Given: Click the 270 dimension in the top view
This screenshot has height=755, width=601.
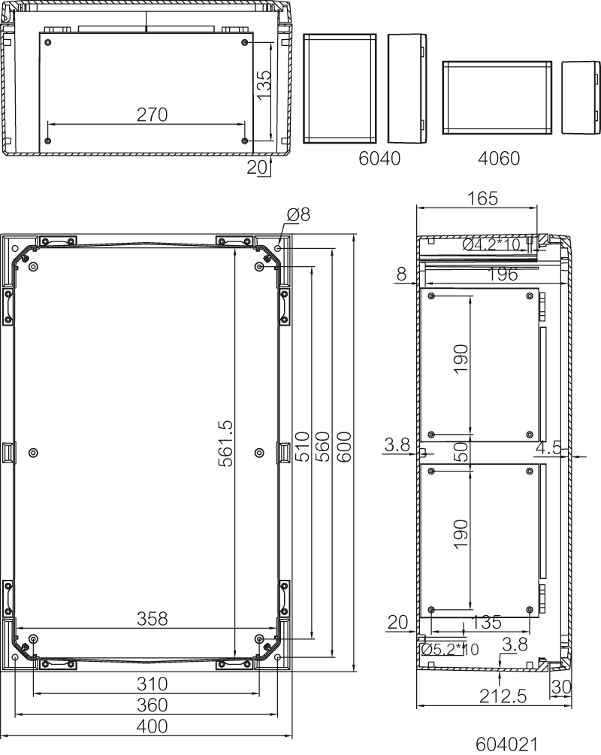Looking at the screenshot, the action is coord(152,114).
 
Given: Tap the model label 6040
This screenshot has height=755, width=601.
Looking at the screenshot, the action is coord(379,159).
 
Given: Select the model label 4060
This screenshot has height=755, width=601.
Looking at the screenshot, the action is coord(499,159).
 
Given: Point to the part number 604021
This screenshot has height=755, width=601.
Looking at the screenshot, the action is coord(506,744).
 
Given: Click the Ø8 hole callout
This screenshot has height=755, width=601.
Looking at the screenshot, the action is coord(298,214).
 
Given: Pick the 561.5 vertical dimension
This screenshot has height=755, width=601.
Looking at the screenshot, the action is coord(225,444).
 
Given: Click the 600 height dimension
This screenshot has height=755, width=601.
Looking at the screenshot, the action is coord(343,447).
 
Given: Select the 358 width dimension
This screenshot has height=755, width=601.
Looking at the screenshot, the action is coord(152,619).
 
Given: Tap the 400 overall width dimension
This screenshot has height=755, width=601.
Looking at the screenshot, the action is coord(152,726).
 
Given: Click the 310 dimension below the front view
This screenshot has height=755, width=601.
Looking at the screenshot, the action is coord(152,684).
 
